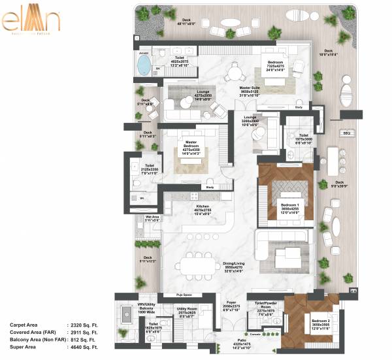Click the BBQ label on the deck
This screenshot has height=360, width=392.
(347, 133)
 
